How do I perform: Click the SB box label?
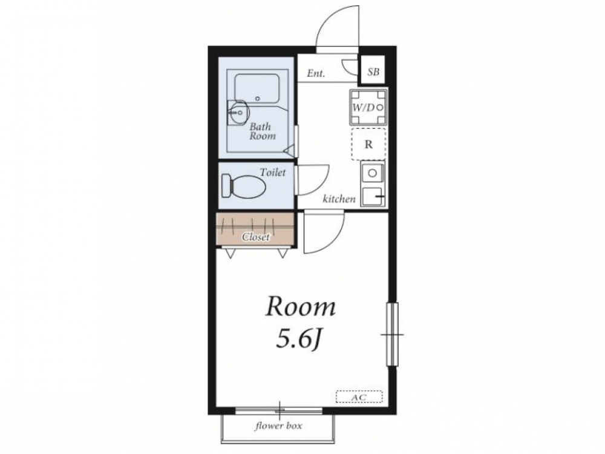coord(373,72)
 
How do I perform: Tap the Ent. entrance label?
coord(316,73)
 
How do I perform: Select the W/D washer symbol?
coord(368,107)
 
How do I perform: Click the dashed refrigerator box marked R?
coord(369,144)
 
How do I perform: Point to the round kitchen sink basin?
coord(372,173)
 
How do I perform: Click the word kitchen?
coord(339,199)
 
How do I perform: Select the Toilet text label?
coord(273,172)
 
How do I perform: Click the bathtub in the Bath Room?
coord(257,88)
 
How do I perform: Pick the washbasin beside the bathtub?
coord(238,113)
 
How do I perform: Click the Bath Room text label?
coord(263,131)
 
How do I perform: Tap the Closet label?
coord(256,237)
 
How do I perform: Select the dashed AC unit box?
coord(359,397)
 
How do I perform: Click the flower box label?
coord(278,426)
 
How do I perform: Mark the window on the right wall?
coord(393,334)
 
